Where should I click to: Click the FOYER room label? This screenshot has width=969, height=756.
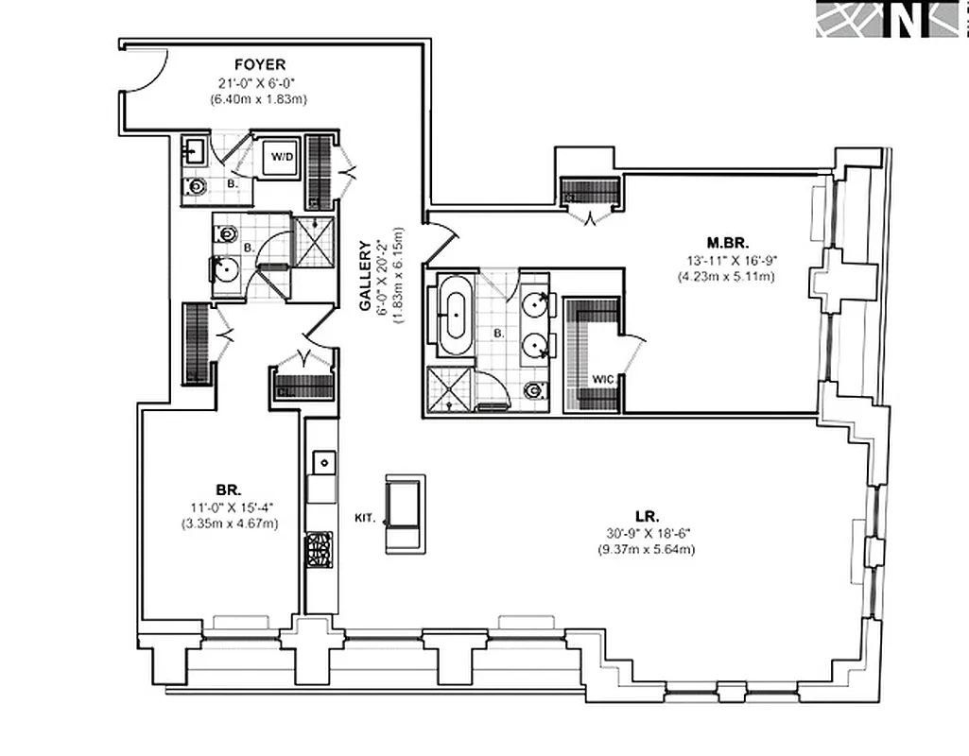(260, 65)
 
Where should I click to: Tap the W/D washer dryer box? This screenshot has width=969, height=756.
(281, 156)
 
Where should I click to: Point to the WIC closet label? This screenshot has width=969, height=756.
(605, 379)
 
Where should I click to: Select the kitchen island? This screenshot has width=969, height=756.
(405, 514)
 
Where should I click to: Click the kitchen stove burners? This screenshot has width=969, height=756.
(319, 549)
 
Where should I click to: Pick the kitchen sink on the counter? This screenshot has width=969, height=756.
(323, 463)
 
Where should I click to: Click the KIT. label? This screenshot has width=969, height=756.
(365, 518)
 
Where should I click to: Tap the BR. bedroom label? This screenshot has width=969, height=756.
(228, 490)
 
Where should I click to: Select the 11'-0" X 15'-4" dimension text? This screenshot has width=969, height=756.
(229, 507)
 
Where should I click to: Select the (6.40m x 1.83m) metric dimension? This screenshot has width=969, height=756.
(260, 98)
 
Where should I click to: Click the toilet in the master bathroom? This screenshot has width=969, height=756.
(534, 389)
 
